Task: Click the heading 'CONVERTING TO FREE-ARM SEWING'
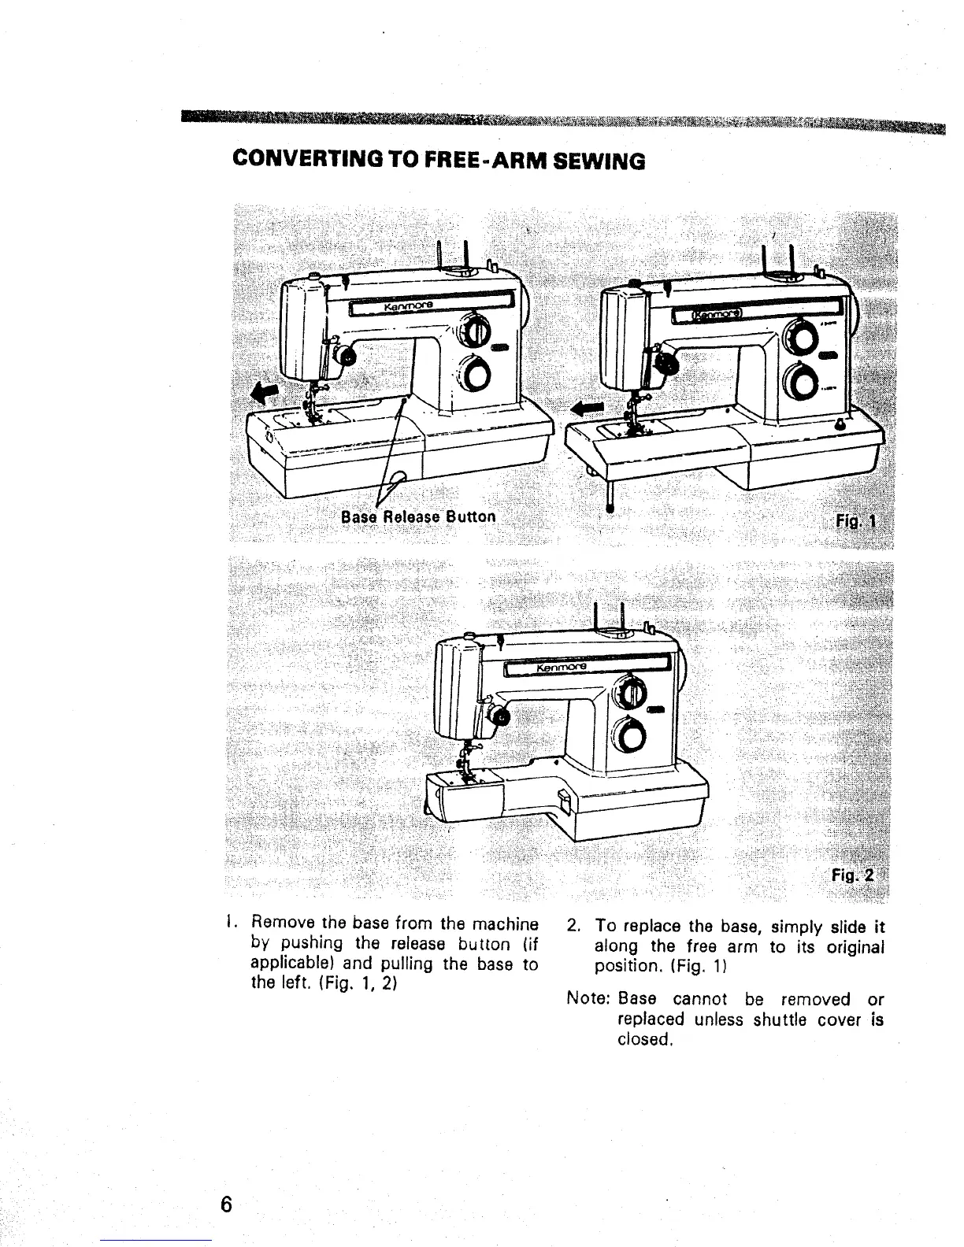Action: [439, 161]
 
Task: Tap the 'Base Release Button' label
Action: [419, 516]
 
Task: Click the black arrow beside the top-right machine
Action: [586, 407]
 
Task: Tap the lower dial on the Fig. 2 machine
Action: [632, 737]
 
